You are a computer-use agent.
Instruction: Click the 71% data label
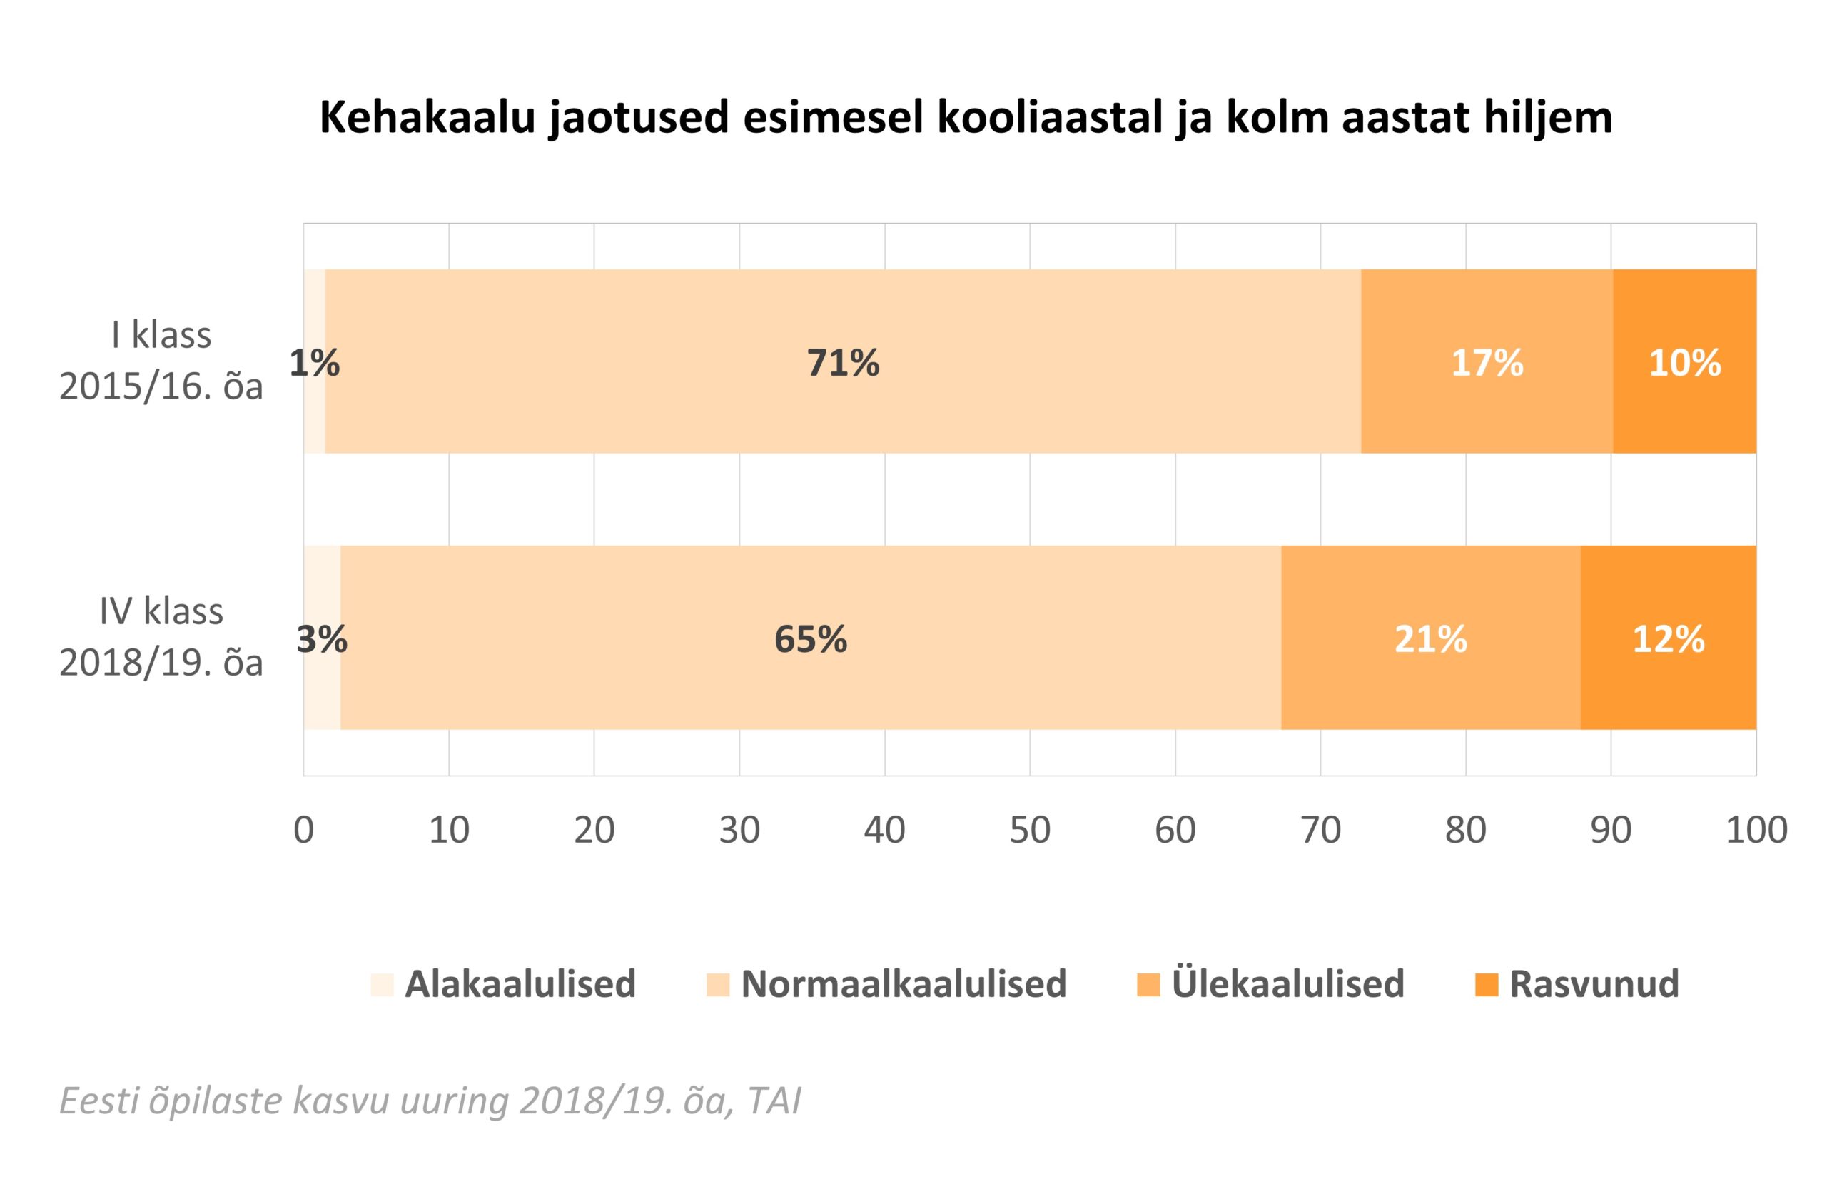(x=842, y=363)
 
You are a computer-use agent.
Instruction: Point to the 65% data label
(x=810, y=639)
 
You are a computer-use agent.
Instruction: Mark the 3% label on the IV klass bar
(x=322, y=639)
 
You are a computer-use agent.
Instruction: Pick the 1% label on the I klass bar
(x=314, y=363)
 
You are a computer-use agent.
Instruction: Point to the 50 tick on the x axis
(x=1029, y=830)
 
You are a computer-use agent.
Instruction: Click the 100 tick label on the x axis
(x=1756, y=830)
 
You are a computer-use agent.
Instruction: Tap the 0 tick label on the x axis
(x=304, y=830)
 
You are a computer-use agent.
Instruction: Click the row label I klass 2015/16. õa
(x=161, y=360)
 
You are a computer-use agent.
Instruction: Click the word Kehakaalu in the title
(x=426, y=119)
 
